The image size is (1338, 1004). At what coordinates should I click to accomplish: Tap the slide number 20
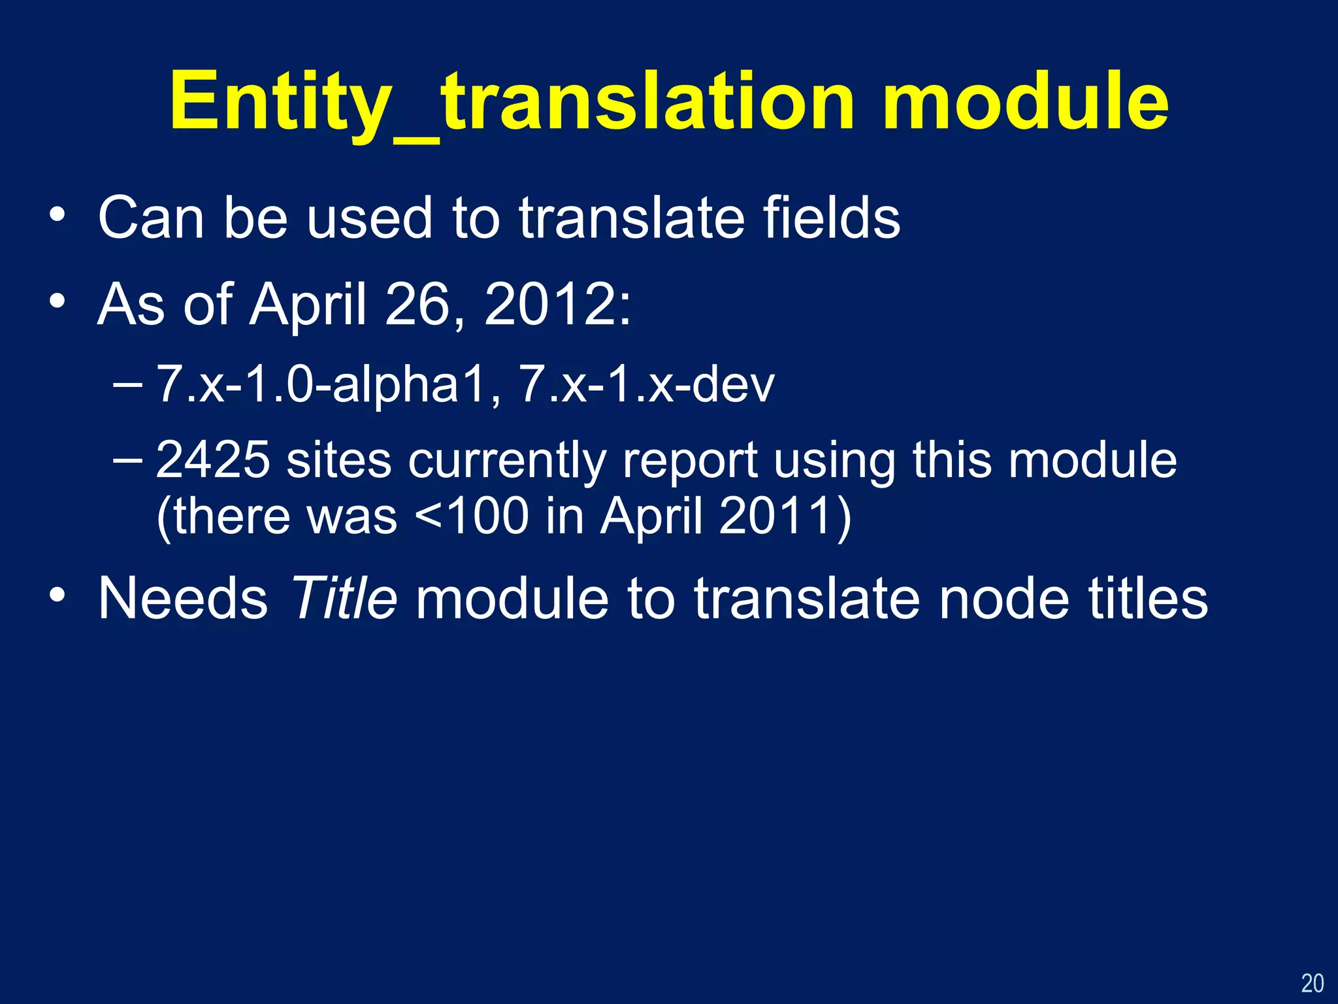tap(1312, 983)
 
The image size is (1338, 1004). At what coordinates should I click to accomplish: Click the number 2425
tap(213, 460)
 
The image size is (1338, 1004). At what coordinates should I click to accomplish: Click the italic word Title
tap(344, 597)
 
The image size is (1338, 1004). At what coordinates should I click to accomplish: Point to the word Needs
tap(183, 597)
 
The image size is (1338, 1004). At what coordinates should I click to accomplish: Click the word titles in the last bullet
tap(1147, 597)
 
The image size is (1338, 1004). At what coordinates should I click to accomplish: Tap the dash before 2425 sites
tap(127, 460)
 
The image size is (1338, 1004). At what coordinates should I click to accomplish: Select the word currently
tap(507, 460)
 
